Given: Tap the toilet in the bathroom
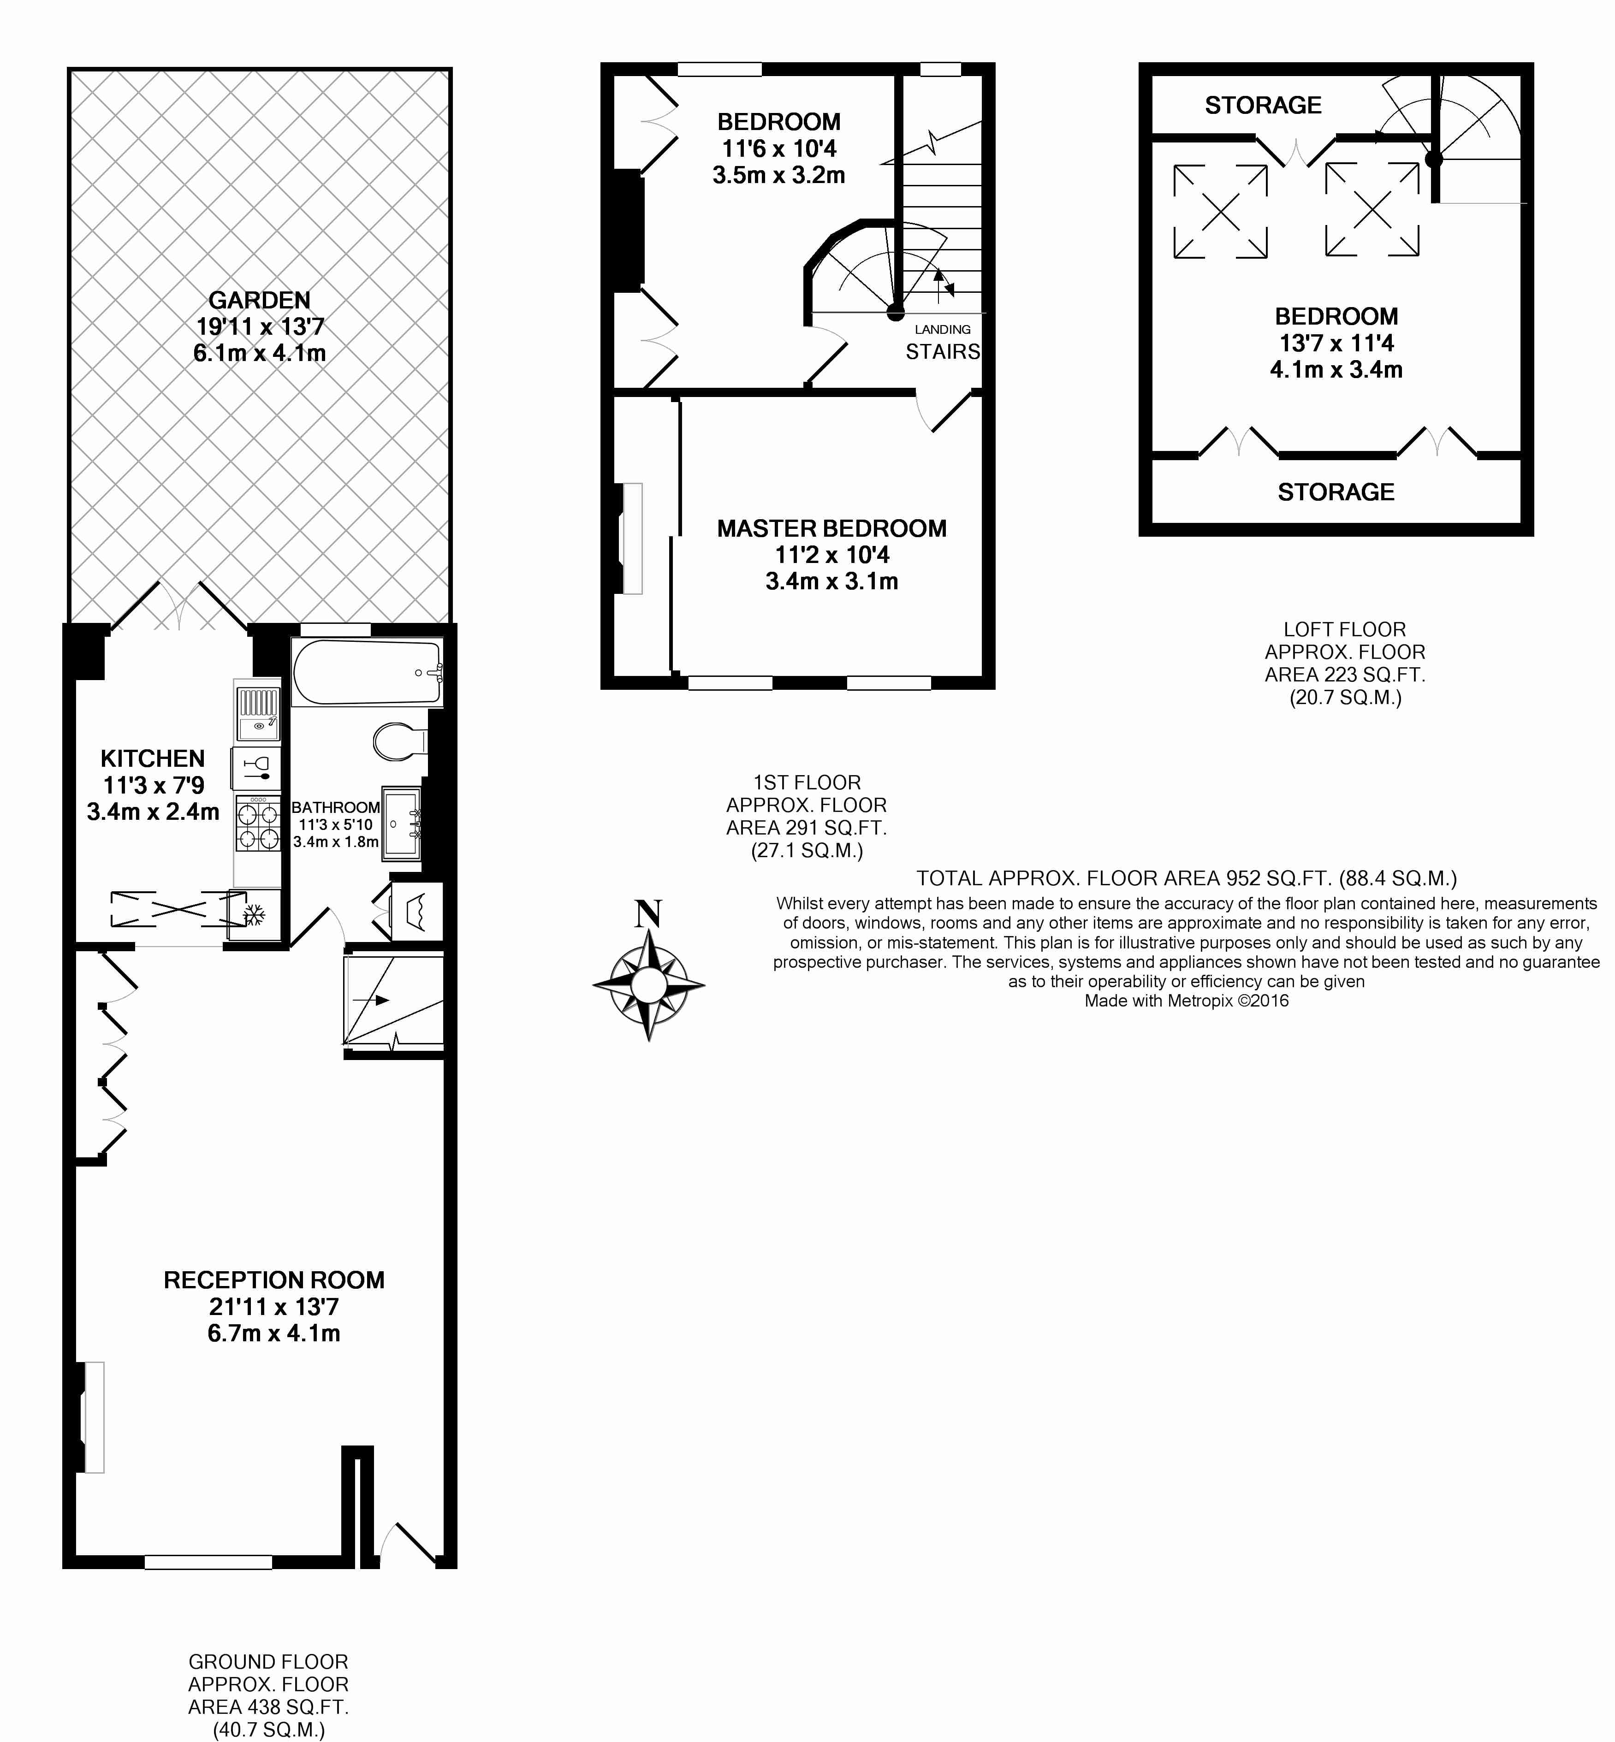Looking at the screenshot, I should (x=398, y=742).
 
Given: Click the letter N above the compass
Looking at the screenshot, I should (x=647, y=915).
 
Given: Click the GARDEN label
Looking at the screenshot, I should (x=260, y=301).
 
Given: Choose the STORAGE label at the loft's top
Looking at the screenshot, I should (x=1263, y=106).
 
